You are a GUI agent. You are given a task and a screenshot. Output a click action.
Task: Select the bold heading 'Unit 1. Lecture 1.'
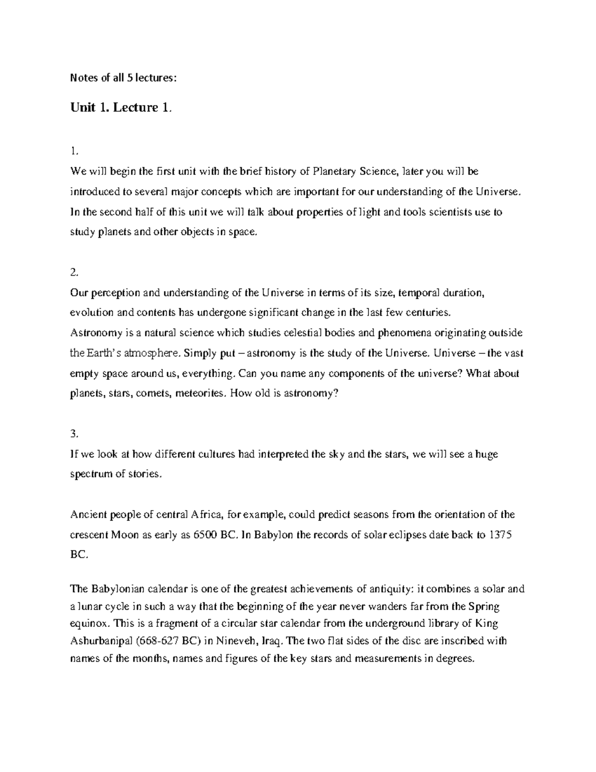122,108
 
